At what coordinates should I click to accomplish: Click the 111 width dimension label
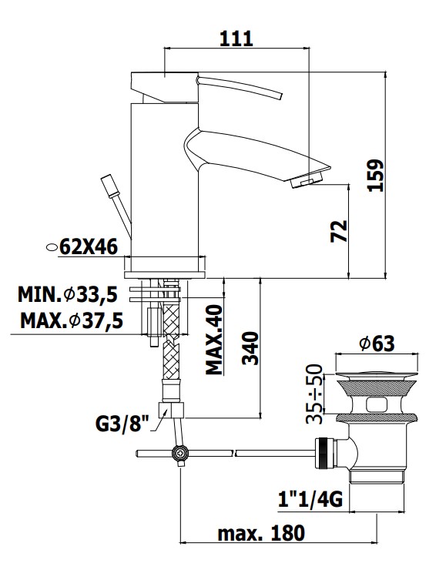(236, 39)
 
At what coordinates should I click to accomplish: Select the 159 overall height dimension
(376, 176)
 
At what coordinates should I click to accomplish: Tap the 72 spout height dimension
(339, 231)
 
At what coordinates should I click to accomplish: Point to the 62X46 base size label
(89, 246)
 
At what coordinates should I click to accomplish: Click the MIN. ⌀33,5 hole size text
(68, 295)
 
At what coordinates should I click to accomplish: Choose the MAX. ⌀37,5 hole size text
(72, 320)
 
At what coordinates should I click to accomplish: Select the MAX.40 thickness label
(214, 340)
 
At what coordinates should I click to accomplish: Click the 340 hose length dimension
(250, 348)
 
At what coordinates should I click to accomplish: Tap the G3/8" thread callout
(122, 424)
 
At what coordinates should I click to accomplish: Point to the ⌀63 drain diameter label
(377, 344)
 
